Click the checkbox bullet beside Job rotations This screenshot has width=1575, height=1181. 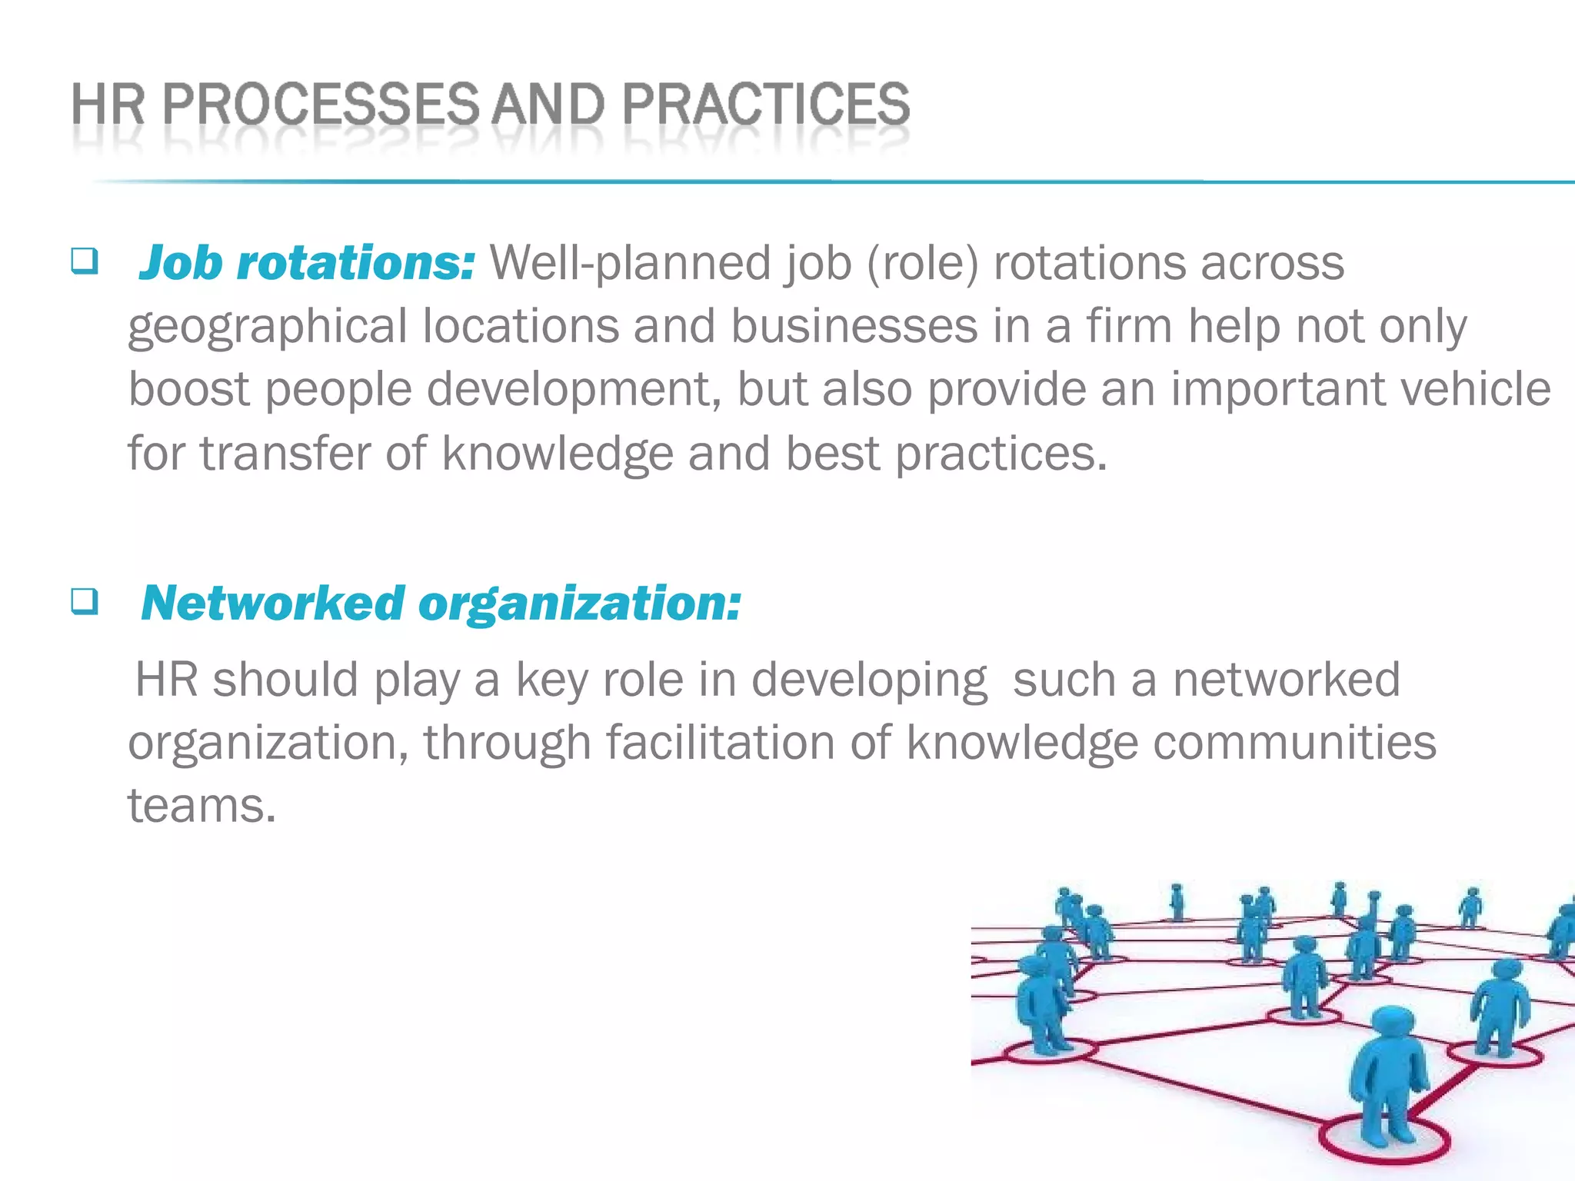84,261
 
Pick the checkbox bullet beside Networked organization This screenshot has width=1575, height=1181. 84,601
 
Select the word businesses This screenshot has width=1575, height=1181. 854,326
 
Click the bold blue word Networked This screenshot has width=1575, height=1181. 273,603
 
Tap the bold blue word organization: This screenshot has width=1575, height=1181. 579,604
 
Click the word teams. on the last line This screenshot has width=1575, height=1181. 201,806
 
